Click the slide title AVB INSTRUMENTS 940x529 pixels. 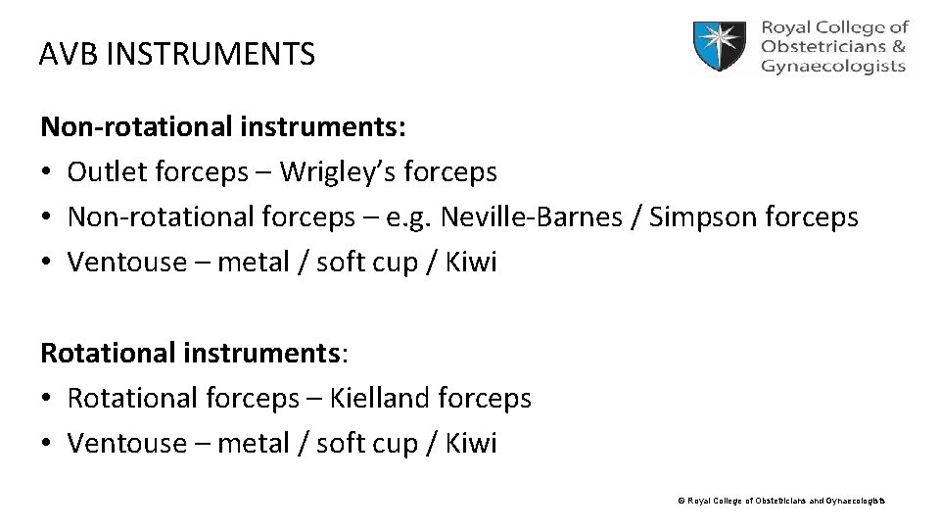click(x=177, y=54)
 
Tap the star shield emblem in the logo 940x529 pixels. click(x=722, y=46)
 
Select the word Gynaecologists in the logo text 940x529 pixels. click(x=832, y=67)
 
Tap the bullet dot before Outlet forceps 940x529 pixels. click(x=46, y=173)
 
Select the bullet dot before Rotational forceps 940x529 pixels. click(x=46, y=400)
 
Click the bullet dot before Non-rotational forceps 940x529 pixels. click(x=46, y=218)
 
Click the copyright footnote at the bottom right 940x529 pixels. click(x=780, y=501)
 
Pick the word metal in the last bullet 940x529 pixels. click(x=253, y=444)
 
